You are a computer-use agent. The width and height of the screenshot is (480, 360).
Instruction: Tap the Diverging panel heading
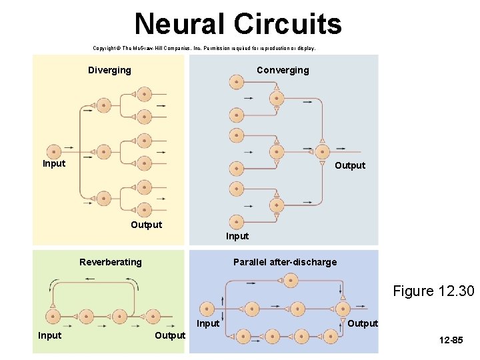[109, 70]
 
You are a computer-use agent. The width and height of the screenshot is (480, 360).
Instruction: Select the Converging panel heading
[283, 70]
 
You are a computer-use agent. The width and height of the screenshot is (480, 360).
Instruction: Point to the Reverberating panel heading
[110, 262]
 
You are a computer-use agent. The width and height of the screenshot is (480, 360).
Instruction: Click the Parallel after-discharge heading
[285, 262]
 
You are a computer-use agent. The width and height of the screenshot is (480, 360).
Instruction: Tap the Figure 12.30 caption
[433, 291]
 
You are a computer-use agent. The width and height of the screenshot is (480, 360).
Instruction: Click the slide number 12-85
[451, 341]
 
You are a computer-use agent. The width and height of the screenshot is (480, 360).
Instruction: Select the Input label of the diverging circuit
[54, 163]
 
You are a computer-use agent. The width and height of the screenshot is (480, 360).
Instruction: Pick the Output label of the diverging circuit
[146, 225]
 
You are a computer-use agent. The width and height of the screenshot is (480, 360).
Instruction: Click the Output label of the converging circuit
[350, 165]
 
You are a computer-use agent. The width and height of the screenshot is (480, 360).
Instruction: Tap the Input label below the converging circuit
[237, 236]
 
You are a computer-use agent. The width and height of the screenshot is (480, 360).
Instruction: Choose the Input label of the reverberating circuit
[49, 335]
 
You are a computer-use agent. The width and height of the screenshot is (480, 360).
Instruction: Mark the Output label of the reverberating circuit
[170, 335]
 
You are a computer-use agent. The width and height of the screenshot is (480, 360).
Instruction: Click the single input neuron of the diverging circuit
[53, 151]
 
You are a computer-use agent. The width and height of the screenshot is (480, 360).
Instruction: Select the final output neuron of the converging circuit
[323, 151]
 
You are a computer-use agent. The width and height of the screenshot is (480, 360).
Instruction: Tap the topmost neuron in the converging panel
[236, 82]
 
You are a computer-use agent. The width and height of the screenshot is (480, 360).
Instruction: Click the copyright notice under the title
[204, 49]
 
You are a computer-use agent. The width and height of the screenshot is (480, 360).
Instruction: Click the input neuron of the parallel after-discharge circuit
[207, 309]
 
